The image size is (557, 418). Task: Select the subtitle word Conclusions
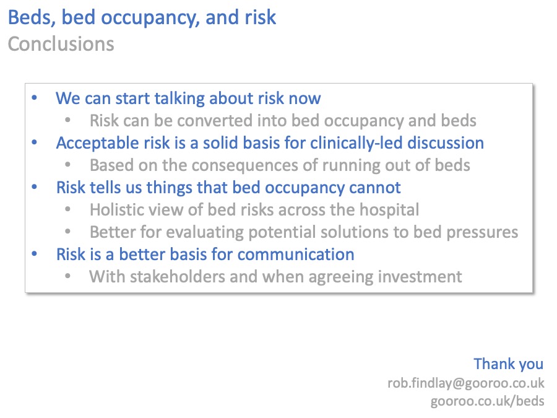click(61, 44)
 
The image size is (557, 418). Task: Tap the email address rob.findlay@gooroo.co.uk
click(465, 383)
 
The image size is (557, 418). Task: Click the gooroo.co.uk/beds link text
click(487, 401)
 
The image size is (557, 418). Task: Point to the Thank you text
click(508, 364)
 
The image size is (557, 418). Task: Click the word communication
click(296, 254)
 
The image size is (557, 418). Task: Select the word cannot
click(373, 187)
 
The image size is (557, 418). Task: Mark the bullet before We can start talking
click(35, 98)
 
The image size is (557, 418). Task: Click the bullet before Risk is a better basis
click(35, 254)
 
